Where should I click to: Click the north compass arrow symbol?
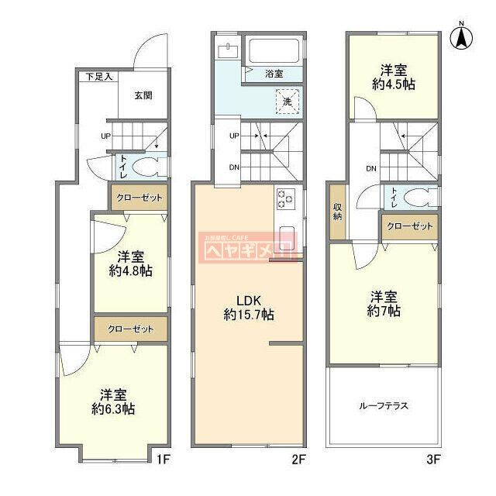[x=462, y=37]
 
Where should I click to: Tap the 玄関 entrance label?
[x=142, y=96]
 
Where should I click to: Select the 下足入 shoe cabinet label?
[x=98, y=76]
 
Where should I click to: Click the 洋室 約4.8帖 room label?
[x=130, y=263]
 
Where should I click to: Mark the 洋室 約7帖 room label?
[x=384, y=303]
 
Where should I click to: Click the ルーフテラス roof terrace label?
[x=383, y=406]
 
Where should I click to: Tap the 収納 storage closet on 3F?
[x=337, y=212]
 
